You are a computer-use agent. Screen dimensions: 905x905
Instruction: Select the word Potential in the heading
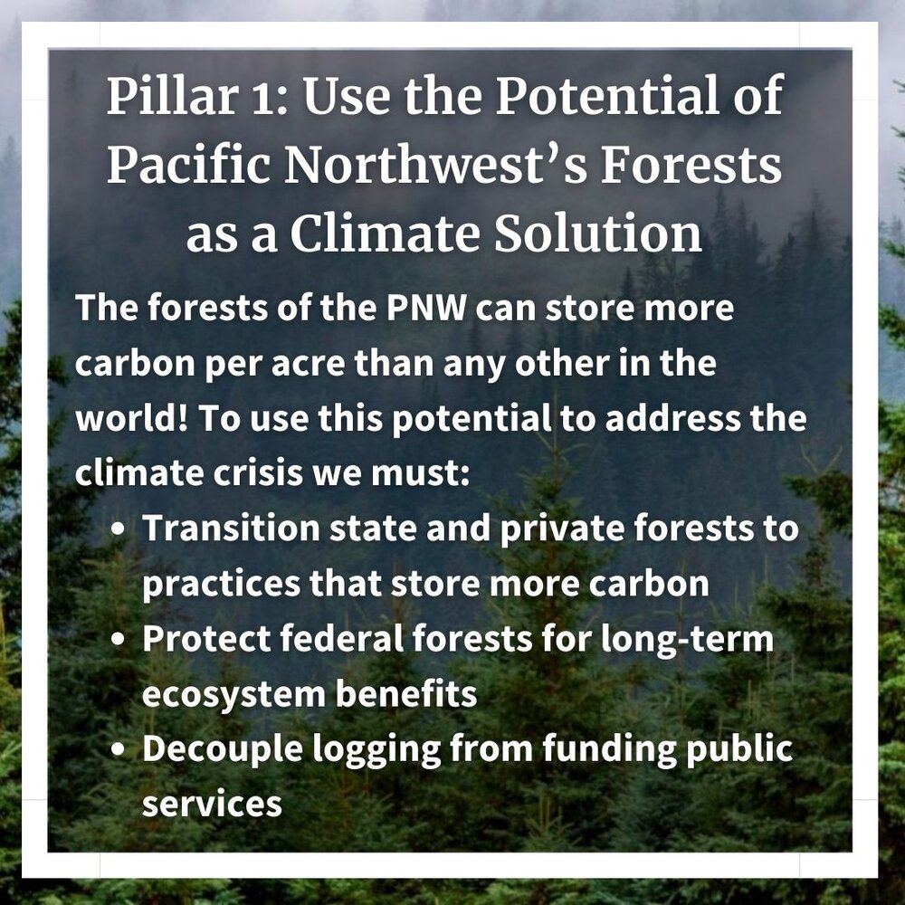608,95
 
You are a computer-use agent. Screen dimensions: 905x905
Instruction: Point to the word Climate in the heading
385,233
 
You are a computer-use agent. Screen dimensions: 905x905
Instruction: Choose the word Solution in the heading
598,233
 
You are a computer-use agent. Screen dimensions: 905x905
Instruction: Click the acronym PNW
426,308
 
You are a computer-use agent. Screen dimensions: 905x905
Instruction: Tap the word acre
308,364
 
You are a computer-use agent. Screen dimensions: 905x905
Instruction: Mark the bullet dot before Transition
118,529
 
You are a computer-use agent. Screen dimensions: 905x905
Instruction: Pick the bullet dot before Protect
118,639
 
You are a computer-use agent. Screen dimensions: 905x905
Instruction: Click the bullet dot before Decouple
118,748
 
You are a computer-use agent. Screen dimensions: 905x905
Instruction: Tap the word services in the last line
212,804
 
